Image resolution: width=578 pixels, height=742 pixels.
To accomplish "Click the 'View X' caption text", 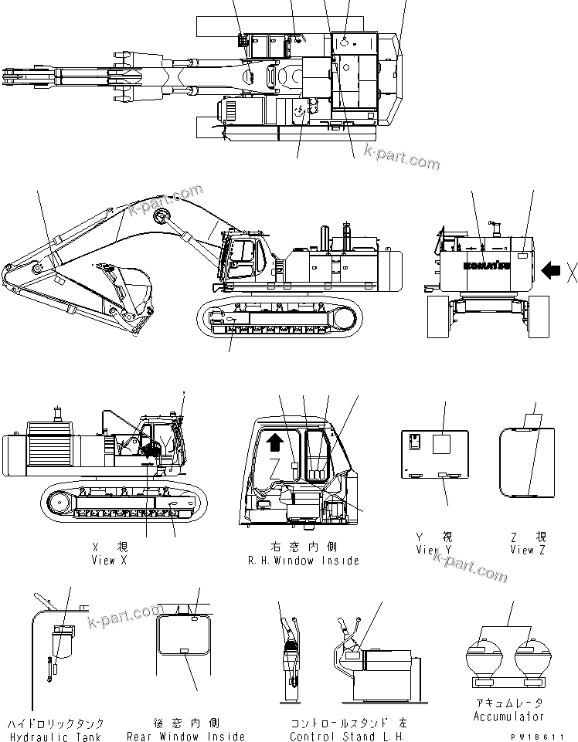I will point(109,561).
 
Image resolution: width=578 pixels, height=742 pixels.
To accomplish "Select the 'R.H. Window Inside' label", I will point(304,561).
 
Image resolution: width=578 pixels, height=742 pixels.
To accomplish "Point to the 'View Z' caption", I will point(528,551).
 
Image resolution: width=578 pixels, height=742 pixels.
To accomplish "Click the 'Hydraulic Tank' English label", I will point(56,737).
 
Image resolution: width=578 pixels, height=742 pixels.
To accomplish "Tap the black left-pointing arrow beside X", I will point(551,270).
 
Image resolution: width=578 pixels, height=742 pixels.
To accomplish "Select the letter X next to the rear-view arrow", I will point(571,270).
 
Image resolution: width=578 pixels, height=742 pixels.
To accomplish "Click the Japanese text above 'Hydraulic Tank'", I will point(56,724).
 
